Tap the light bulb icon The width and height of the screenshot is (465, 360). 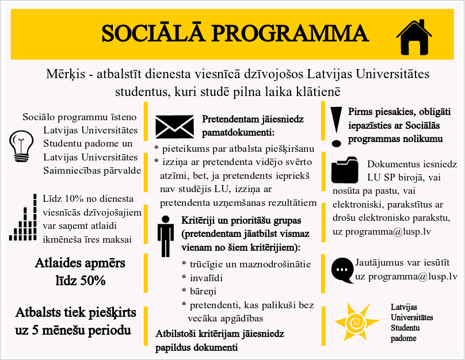coord(21,145)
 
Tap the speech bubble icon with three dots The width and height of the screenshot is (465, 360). coord(343,269)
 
